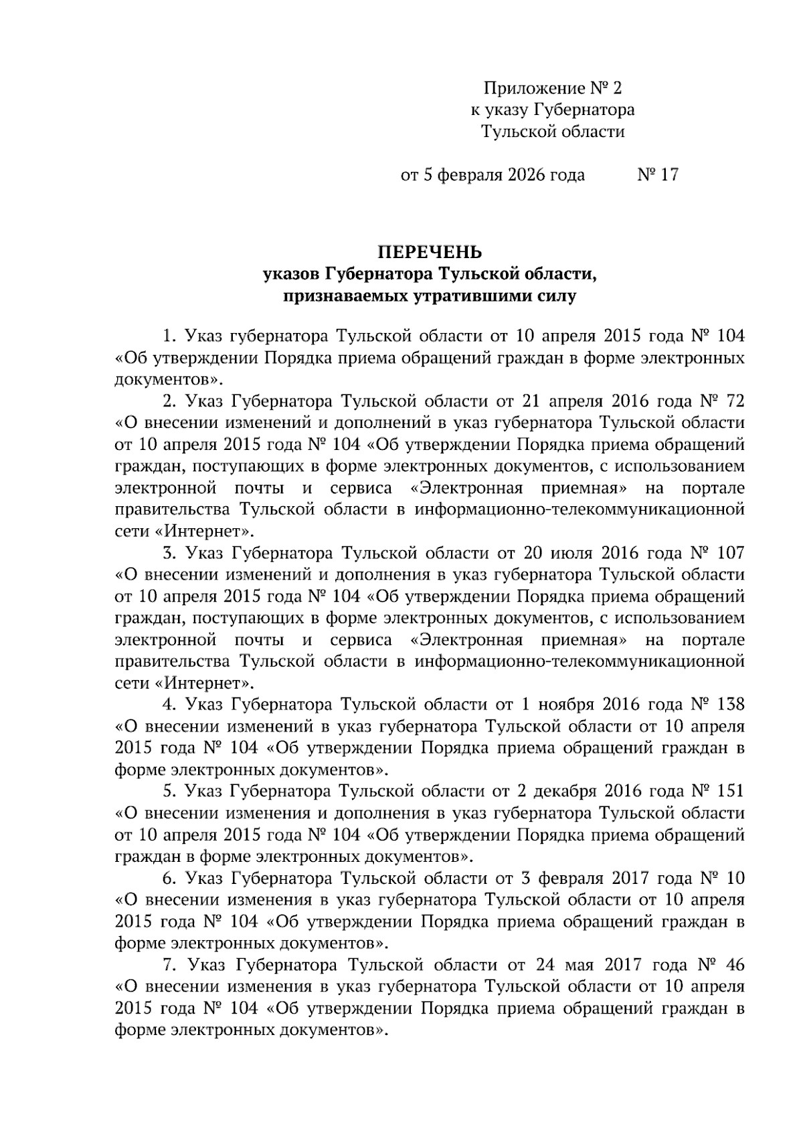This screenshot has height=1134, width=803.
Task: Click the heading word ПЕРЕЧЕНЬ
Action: (x=430, y=252)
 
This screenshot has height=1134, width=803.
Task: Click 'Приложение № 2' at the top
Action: (x=553, y=88)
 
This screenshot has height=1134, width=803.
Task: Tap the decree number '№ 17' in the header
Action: (x=657, y=175)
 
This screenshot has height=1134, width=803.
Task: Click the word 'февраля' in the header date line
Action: (x=471, y=175)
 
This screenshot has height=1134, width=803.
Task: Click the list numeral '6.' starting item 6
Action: (x=169, y=878)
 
